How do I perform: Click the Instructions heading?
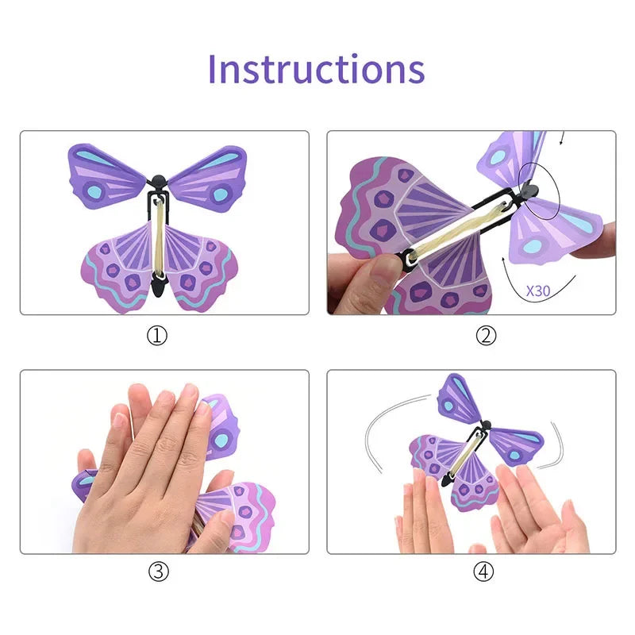coord(316,69)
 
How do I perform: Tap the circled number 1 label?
coord(158,336)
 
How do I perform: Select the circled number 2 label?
coord(486,336)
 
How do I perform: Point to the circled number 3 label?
coord(158,571)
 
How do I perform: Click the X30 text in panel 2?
coord(537,291)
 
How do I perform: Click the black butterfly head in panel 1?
coord(159,181)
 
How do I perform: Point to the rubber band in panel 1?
coord(159,237)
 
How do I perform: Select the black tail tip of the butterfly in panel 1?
coord(159,289)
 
